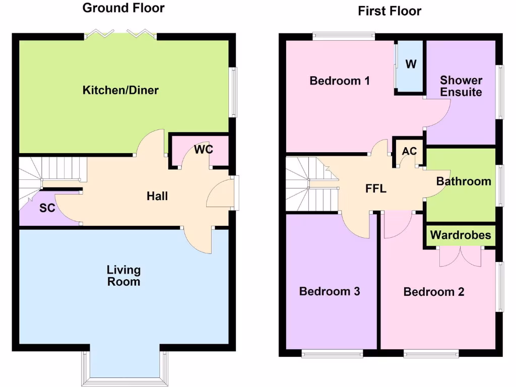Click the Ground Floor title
pos(123,8)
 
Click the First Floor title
pos(390,11)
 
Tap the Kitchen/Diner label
pos(120,91)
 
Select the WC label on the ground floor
pos(204,150)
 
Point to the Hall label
pos(157,196)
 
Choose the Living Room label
pos(123,276)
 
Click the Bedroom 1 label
pos(340,81)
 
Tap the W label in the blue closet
pos(411,64)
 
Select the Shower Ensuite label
pos(461,86)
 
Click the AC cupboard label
pos(409,152)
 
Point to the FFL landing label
pos(376,189)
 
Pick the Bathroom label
pos(464,181)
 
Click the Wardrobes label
pos(461,235)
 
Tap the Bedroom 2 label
pos(434,292)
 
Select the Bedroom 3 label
pos(330,291)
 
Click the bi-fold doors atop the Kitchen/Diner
pos(120,34)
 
